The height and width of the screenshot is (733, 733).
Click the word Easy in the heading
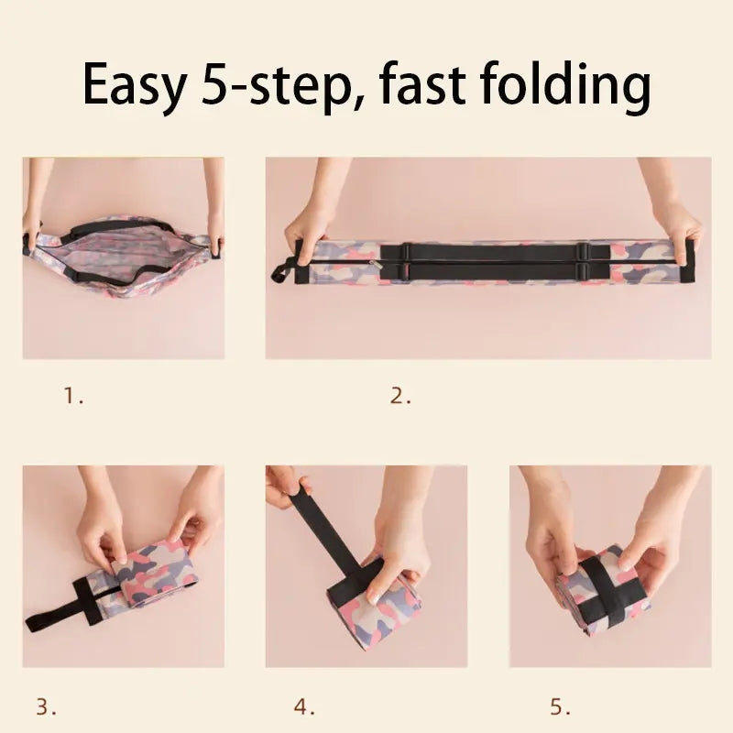click(x=133, y=85)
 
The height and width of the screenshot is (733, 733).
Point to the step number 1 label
click(x=73, y=397)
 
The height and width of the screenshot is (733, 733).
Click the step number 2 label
click(x=400, y=397)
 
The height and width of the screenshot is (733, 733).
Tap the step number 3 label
click(x=46, y=706)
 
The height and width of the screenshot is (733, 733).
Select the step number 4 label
click(x=304, y=706)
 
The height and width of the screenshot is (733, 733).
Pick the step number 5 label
click(x=560, y=706)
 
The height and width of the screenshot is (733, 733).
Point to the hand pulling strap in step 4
click(x=286, y=487)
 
